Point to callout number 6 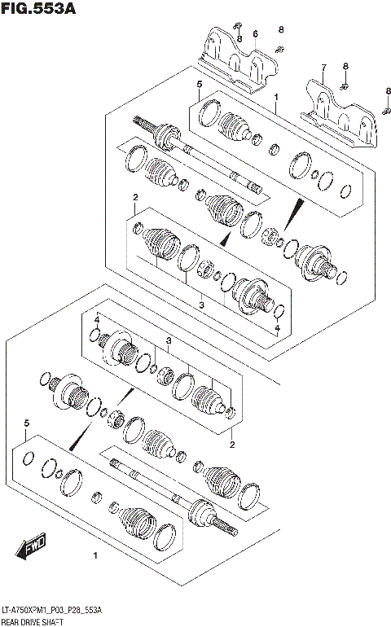[x=255, y=33]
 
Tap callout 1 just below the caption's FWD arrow [x=95, y=557]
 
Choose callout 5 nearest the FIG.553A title [x=198, y=85]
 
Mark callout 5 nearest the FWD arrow [x=27, y=423]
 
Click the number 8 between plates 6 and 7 [x=281, y=30]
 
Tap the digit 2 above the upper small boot [x=135, y=198]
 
